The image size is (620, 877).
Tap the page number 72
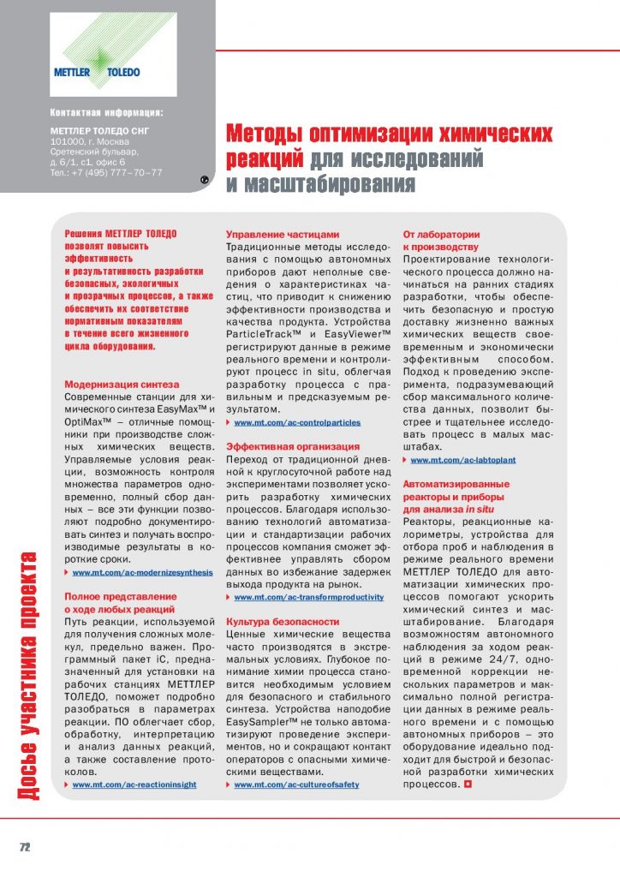(26, 846)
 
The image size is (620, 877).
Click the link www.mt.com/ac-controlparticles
(297, 423)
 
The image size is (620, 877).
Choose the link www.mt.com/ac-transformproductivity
(308, 597)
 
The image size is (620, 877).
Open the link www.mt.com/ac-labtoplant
(462, 460)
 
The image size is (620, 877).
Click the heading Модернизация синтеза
(122, 385)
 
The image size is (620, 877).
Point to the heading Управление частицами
(283, 234)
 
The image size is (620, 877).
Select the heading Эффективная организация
(293, 446)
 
